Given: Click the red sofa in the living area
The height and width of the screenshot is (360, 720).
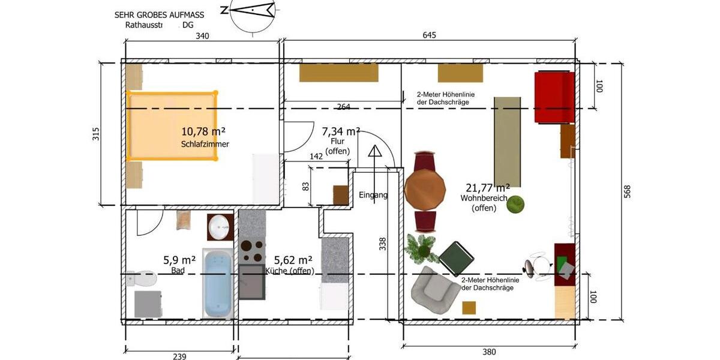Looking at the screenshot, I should pyautogui.click(x=554, y=97).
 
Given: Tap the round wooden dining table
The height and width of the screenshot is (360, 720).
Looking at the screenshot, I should pyautogui.click(x=425, y=190).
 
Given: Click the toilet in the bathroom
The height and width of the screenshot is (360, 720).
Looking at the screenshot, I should pyautogui.click(x=142, y=278).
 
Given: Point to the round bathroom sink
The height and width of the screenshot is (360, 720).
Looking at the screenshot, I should pyautogui.click(x=220, y=227).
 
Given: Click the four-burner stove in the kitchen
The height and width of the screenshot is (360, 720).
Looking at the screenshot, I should pyautogui.click(x=251, y=251).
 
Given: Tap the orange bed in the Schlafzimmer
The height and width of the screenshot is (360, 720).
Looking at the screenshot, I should pyautogui.click(x=171, y=126).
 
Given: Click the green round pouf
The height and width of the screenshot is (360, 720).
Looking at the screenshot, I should pyautogui.click(x=515, y=205).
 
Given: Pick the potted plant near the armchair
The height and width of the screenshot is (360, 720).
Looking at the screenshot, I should pyautogui.click(x=422, y=247).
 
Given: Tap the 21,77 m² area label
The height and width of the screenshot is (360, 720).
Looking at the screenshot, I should pyautogui.click(x=488, y=188).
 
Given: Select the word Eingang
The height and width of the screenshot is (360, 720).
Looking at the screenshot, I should pyautogui.click(x=373, y=195).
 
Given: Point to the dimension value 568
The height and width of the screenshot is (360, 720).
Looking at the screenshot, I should pyautogui.click(x=627, y=192).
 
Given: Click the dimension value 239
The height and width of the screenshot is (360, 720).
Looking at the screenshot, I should pyautogui.click(x=179, y=356).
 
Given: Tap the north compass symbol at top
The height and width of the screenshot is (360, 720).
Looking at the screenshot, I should pyautogui.click(x=247, y=10).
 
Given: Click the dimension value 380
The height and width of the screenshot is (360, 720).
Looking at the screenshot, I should pyautogui.click(x=489, y=352).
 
